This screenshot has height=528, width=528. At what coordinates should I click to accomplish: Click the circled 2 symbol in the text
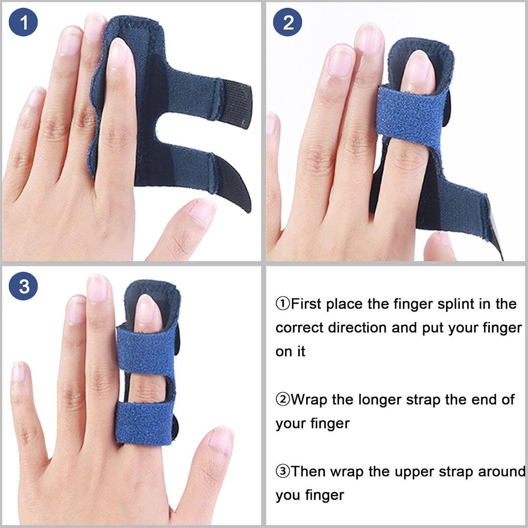click(x=283, y=400)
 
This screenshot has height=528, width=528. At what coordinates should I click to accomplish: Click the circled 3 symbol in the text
click(x=283, y=471)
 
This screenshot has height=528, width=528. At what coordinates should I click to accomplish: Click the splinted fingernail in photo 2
click(x=418, y=72)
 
